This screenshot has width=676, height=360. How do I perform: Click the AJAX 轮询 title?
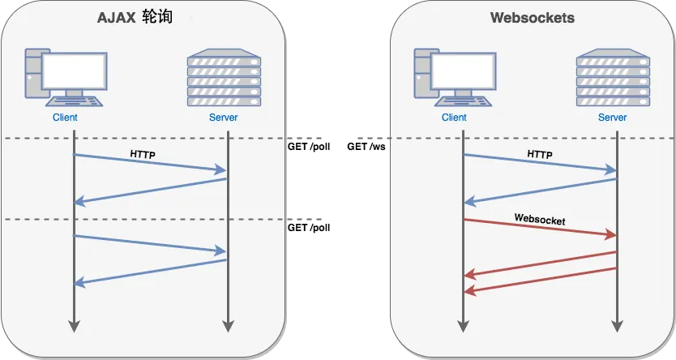tap(142, 18)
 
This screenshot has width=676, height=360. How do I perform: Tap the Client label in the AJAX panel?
tap(64, 118)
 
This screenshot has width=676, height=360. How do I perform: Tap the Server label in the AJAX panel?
tap(224, 118)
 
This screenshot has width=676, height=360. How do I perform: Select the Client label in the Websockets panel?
tap(454, 118)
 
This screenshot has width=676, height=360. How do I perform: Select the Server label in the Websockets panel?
tap(613, 118)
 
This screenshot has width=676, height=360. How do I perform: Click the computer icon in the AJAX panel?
tap(64, 78)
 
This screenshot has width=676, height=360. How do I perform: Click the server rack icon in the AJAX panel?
tap(224, 78)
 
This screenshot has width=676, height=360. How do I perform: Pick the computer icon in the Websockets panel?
tap(454, 78)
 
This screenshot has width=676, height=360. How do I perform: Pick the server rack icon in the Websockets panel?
tap(613, 78)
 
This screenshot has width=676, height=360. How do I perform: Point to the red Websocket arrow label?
tap(540, 219)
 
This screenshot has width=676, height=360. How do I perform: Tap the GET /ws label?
tap(366, 148)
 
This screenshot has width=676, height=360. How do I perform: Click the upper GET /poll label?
tap(309, 148)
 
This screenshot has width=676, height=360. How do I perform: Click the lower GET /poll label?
tap(309, 228)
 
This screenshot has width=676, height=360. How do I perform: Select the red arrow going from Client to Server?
tap(540, 228)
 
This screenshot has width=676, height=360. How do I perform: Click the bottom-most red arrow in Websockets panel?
tap(540, 280)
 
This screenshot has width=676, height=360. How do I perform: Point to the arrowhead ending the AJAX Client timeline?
tap(74, 326)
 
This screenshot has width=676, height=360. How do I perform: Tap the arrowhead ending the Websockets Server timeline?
tap(617, 326)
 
